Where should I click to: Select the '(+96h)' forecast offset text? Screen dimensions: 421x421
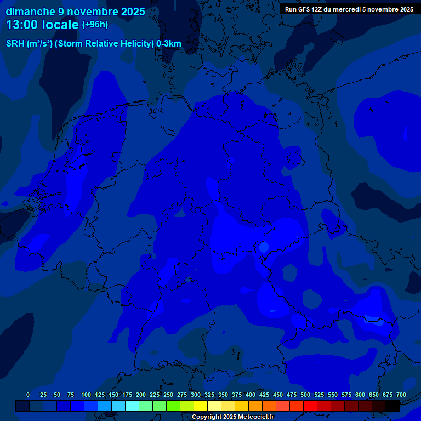(x=95, y=25)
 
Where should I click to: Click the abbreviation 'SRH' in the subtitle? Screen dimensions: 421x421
(x=15, y=44)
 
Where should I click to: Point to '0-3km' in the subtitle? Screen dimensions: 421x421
(x=169, y=44)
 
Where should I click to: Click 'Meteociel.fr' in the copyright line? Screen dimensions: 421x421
(x=252, y=417)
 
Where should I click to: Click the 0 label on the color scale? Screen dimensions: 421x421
(x=28, y=395)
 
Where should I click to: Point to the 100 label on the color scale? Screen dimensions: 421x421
(x=86, y=395)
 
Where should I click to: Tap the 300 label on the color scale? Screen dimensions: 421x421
(x=196, y=395)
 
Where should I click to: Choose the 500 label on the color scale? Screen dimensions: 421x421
(x=305, y=395)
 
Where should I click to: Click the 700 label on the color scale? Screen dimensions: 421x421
(x=401, y=395)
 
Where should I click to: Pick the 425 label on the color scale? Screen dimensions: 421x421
(x=264, y=395)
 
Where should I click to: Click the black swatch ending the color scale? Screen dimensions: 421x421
(x=392, y=406)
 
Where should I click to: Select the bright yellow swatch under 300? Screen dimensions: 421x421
(x=201, y=406)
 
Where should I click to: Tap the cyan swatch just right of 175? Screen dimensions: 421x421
(x=132, y=406)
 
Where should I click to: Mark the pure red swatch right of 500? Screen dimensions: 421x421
(x=310, y=406)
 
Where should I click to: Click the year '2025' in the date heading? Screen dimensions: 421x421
(x=133, y=11)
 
